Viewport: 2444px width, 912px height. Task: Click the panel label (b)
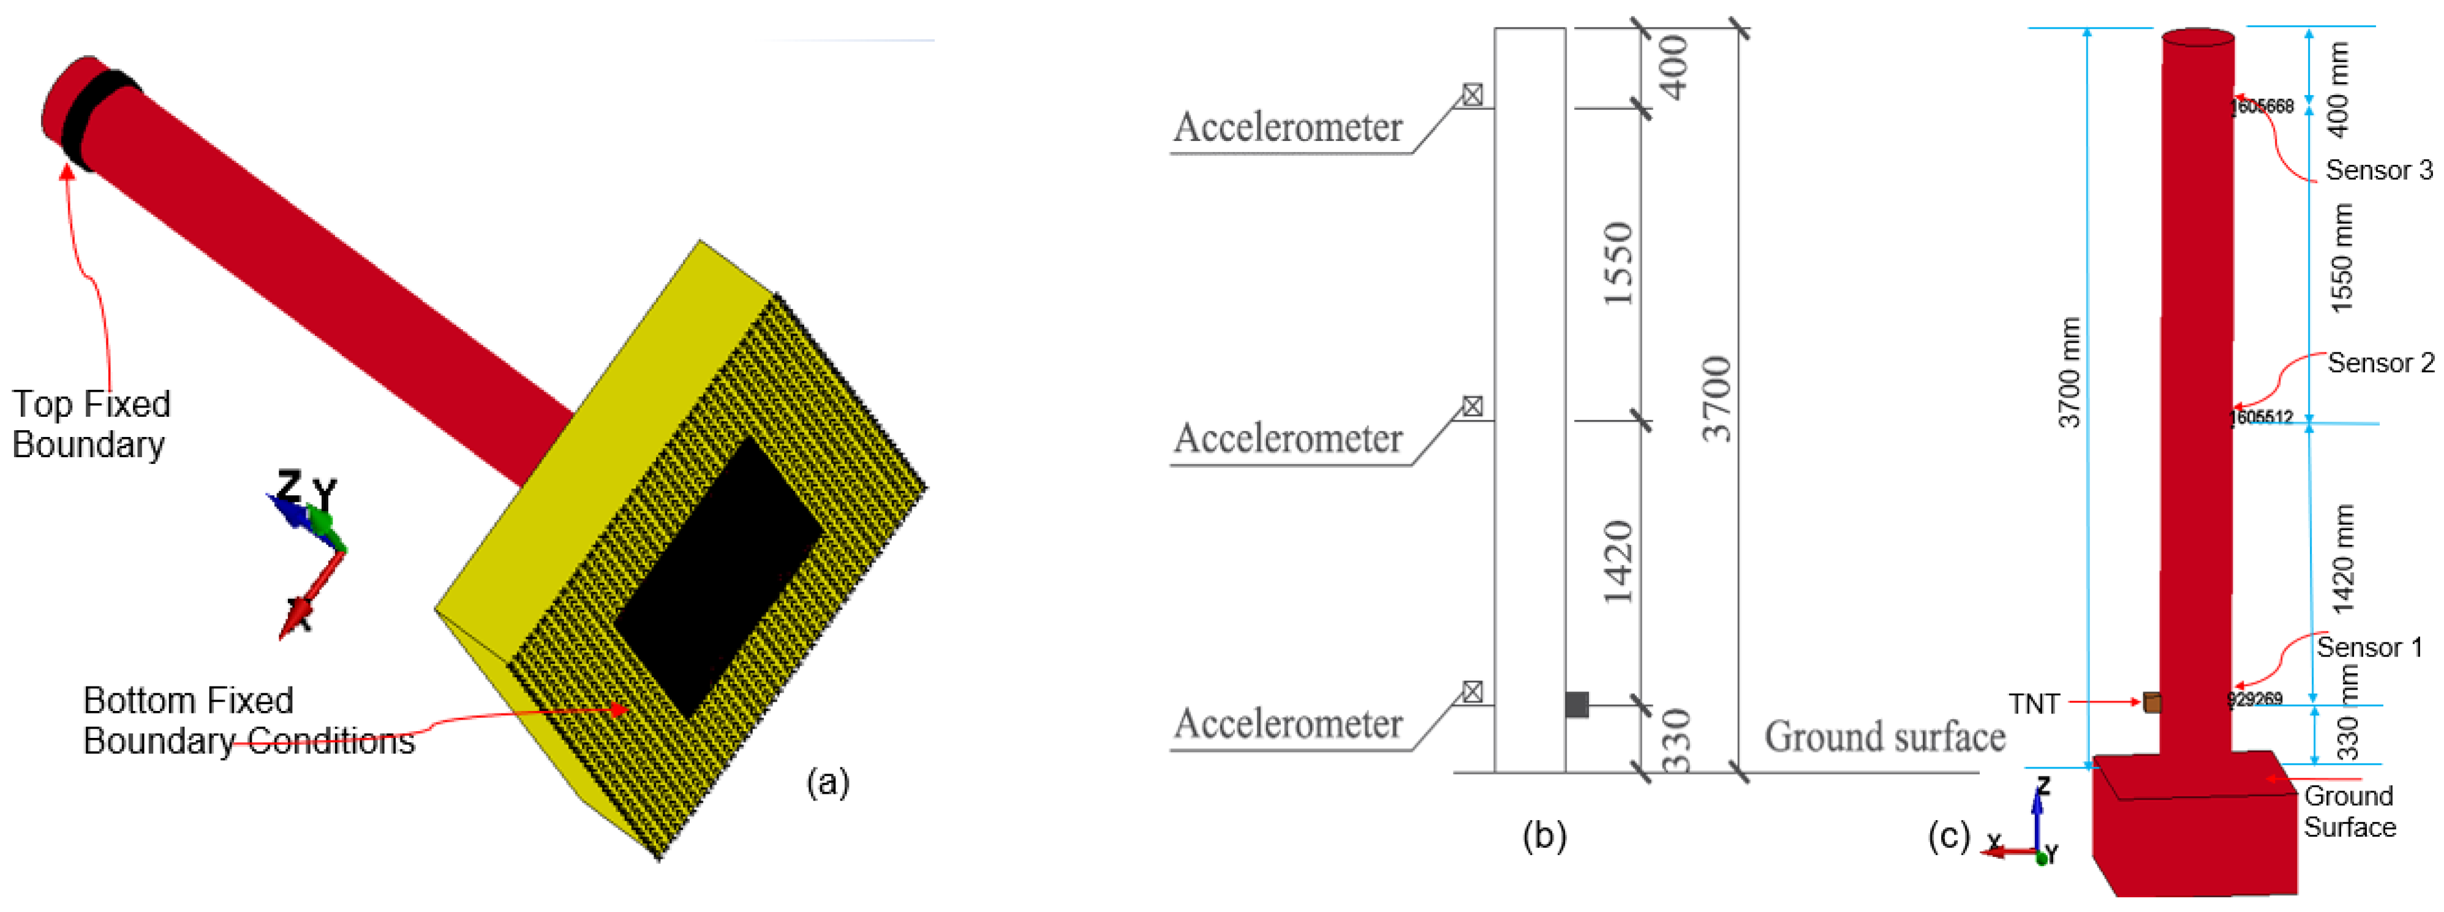[x=1544, y=836]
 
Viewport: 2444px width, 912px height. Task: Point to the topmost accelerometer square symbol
[x=1471, y=95]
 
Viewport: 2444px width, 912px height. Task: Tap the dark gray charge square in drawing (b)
[x=1577, y=704]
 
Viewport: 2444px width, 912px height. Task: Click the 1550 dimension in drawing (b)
[x=1618, y=264]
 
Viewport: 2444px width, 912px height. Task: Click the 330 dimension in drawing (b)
[x=1676, y=740]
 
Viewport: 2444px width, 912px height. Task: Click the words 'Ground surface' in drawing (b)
[x=1884, y=737]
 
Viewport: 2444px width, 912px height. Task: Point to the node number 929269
[x=2255, y=699]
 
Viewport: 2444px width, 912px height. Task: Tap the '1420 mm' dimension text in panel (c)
[x=2342, y=560]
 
